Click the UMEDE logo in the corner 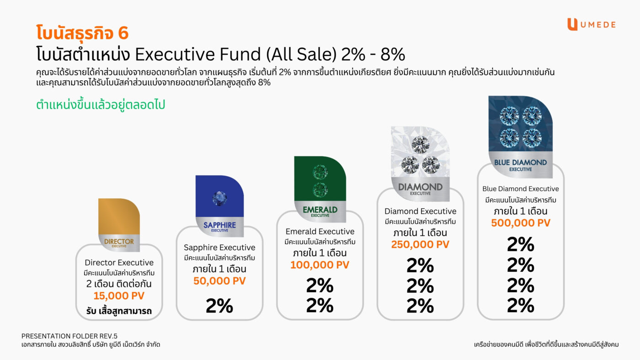[591, 25]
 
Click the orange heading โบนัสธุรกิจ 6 [82, 33]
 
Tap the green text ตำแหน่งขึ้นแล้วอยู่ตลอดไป [100, 105]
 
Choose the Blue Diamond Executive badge [520, 136]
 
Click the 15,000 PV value [119, 296]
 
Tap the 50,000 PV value [219, 281]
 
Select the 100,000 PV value [320, 265]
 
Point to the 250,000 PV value [420, 244]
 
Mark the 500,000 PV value [520, 223]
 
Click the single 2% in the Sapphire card [219, 306]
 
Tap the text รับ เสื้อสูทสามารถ [119, 312]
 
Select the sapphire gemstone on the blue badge [219, 197]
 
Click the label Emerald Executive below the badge [320, 231]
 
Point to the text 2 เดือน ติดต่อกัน [119, 284]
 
